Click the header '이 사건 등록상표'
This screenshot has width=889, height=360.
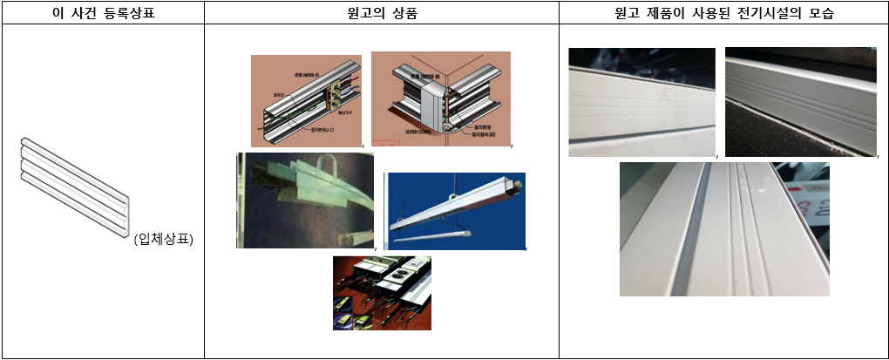tap(102, 12)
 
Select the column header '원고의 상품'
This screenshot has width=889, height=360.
tap(381, 12)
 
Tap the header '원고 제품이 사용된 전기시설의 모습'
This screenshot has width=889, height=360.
tap(723, 12)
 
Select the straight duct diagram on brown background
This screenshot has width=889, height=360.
tap(306, 100)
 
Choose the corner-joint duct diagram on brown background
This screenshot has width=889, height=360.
tap(440, 98)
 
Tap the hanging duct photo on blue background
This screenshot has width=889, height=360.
tap(455, 212)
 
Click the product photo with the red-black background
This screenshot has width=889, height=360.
tap(382, 292)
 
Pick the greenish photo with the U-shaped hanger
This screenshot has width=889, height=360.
tap(304, 200)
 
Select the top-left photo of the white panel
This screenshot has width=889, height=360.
tap(641, 102)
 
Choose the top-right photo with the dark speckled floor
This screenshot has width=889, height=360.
tap(800, 102)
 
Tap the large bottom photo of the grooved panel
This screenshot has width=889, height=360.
tap(723, 229)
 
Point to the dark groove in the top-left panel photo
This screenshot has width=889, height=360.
tap(641, 132)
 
